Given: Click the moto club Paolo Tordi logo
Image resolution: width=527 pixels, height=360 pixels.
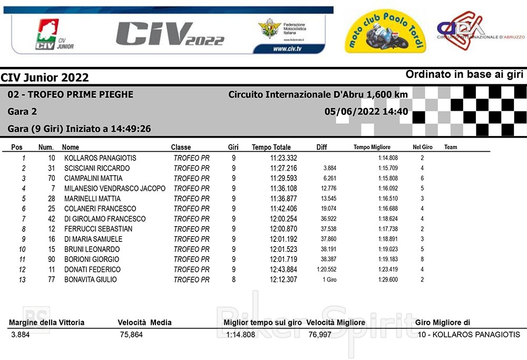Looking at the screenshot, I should pos(385,33).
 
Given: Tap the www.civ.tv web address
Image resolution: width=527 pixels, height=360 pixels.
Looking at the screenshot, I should pos(287,49).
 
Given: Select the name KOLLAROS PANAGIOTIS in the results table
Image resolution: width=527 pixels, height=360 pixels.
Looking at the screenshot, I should pos(100,158).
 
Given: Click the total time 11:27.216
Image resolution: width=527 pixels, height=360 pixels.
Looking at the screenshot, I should pos(284,168).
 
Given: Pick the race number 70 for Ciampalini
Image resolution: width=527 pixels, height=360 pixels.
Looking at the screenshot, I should pos(51,178).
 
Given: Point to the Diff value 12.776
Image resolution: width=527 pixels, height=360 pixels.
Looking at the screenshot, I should pos(328,189).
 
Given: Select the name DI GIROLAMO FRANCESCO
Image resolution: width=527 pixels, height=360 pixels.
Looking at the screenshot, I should pos(104,219).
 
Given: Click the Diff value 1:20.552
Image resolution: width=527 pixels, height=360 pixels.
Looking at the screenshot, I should pos(327,269).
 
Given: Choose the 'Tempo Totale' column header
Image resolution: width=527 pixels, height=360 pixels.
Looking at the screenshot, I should pos(271,148).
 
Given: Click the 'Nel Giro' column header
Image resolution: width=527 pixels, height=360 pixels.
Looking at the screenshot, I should pos(422,147).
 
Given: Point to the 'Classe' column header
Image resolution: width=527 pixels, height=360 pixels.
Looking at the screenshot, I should pos(181,148).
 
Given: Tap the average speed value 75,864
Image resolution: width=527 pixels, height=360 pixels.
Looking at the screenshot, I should pos(131,335).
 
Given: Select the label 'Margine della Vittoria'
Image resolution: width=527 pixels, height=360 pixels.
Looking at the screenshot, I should pos(46,323).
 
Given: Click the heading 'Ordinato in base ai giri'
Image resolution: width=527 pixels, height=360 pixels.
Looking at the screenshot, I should pos(464,75).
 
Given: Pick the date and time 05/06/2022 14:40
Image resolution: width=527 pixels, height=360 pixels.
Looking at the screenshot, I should pos(366,112).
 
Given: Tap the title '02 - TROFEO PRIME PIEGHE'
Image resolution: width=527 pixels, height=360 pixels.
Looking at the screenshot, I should pos(70,95).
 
